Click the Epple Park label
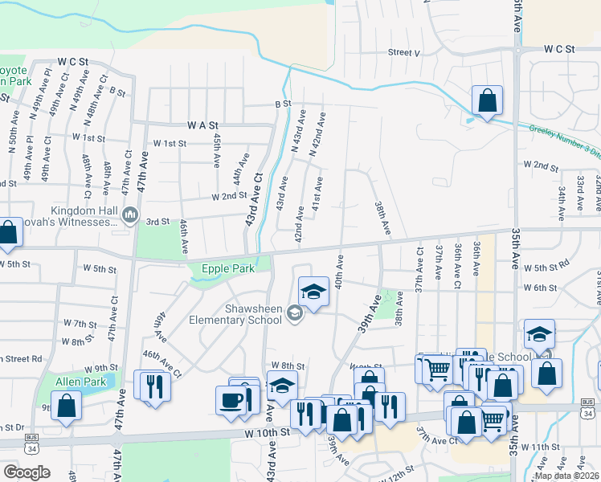point(223,269)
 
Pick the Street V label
point(404,52)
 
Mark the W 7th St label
point(80,324)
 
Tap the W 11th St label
point(539,446)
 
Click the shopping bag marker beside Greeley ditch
point(487,101)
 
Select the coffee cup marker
point(231,400)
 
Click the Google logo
point(27,472)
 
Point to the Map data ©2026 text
point(566,476)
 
